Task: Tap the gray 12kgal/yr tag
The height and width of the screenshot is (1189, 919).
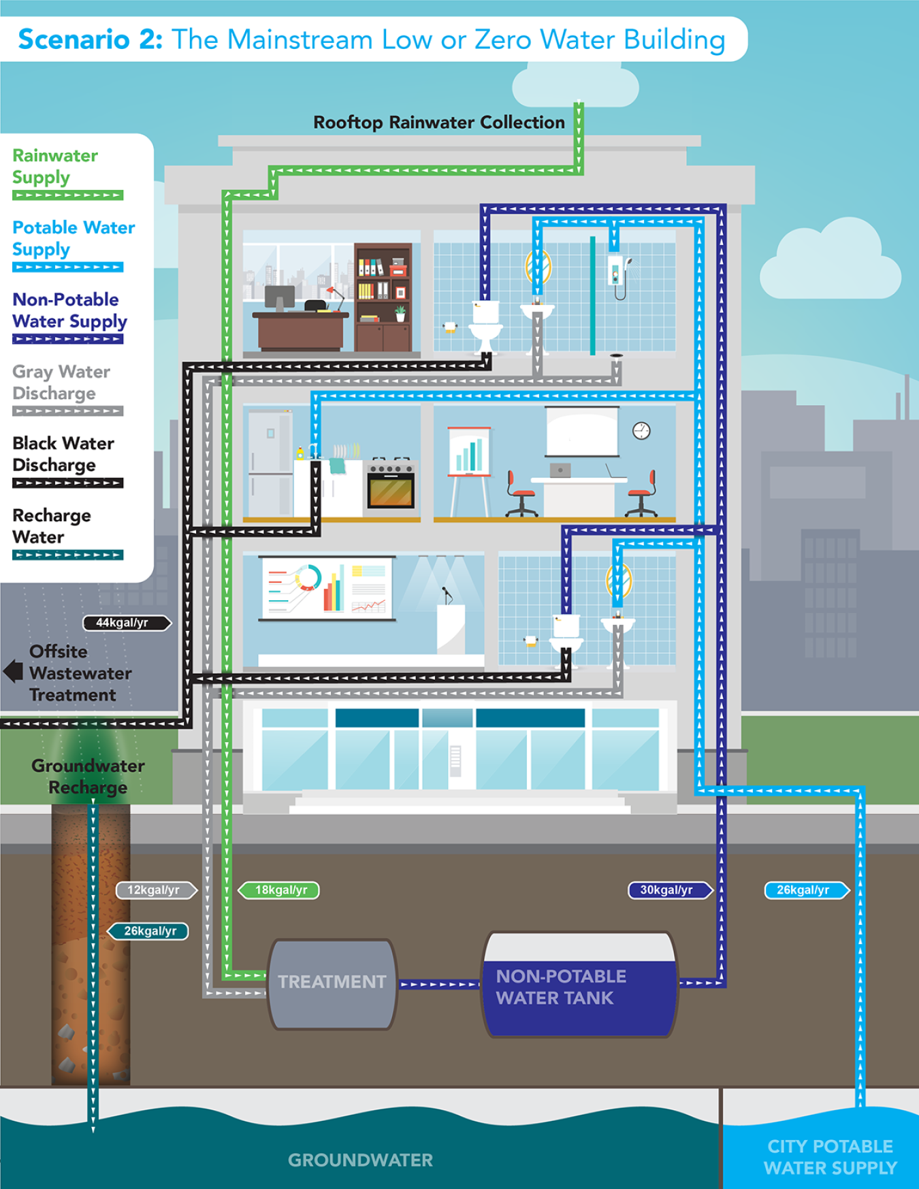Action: click(x=155, y=890)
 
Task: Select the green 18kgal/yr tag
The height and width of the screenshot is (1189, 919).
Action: click(x=280, y=890)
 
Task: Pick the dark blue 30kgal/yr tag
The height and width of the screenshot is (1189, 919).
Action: click(x=668, y=890)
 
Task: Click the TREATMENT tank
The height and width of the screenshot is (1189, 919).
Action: click(x=332, y=983)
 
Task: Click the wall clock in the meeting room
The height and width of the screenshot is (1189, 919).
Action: click(x=641, y=430)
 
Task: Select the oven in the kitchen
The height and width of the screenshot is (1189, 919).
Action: click(x=391, y=485)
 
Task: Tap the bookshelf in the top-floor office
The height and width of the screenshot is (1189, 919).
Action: click(x=383, y=297)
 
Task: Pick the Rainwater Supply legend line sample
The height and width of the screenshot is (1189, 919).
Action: click(x=67, y=195)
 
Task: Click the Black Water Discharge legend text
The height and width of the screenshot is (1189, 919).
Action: click(x=63, y=454)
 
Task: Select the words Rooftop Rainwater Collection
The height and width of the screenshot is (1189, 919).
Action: click(x=439, y=123)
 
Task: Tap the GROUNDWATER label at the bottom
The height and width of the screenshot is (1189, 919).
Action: click(x=360, y=1160)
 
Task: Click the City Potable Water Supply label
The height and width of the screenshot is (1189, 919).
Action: click(x=830, y=1157)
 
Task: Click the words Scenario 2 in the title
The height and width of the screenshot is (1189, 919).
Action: click(x=90, y=39)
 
